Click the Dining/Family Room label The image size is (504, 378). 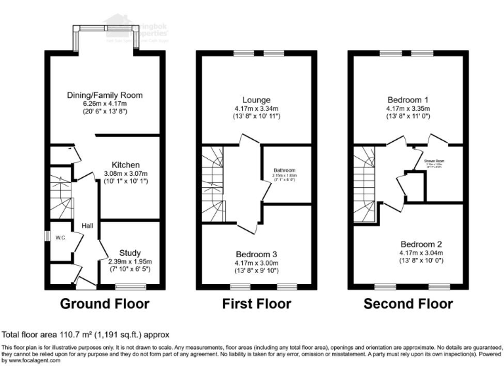coord(105,96)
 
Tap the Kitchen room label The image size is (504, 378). coord(125,164)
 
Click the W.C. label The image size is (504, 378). coord(59,237)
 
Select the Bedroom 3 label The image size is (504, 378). coord(257,253)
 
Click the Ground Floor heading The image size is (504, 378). coord(104,304)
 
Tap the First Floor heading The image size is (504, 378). coord(257,304)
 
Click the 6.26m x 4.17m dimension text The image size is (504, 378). coord(105,104)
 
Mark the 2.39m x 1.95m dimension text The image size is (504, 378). coord(129,261)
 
